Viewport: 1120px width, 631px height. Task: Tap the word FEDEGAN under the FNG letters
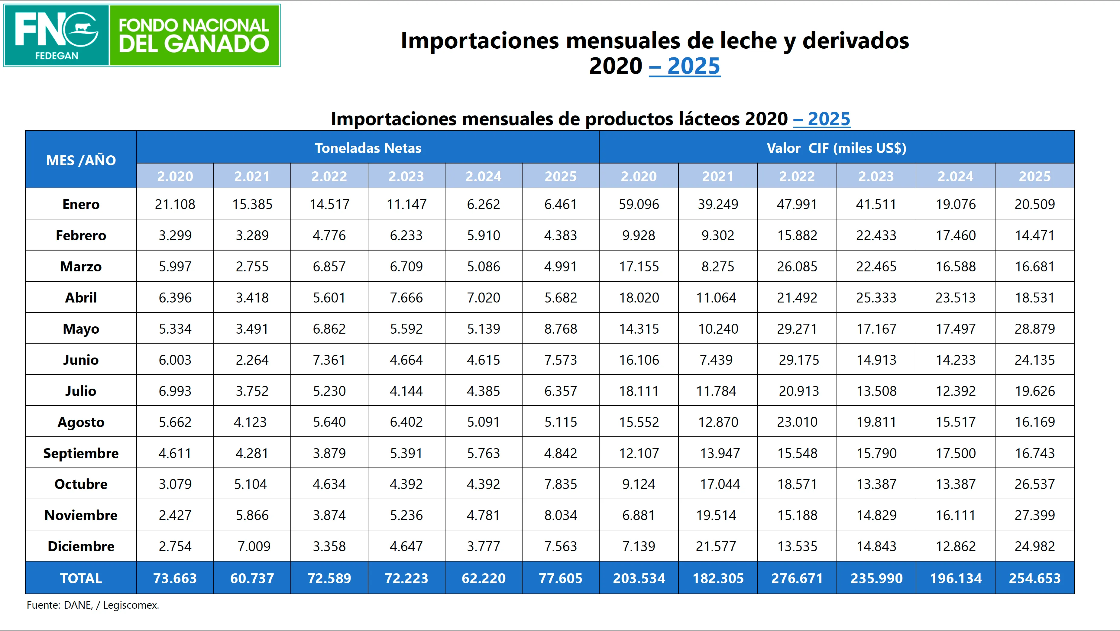(x=57, y=56)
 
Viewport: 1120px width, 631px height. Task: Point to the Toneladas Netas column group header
(x=368, y=148)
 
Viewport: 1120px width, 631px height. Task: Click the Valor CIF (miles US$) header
(x=836, y=148)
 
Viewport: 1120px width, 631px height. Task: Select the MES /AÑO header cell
(x=81, y=160)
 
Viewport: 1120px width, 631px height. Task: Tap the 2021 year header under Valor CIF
(x=717, y=176)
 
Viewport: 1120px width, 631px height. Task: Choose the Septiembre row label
(x=81, y=453)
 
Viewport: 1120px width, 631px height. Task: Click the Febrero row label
(x=81, y=235)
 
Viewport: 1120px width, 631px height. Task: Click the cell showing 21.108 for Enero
(x=175, y=204)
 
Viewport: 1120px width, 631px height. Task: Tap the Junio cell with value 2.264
(x=252, y=360)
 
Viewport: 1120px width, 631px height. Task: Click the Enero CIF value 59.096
(x=639, y=204)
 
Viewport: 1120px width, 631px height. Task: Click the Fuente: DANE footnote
(x=92, y=605)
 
